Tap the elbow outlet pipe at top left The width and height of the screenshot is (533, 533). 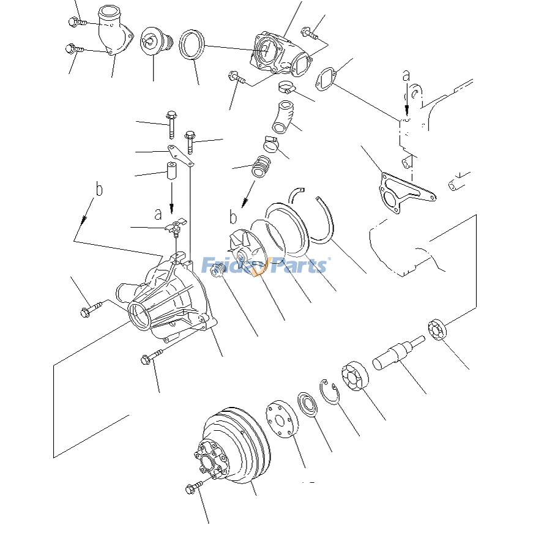point(115,32)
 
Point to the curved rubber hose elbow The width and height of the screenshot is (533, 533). point(284,116)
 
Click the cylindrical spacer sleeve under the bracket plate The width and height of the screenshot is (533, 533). point(171,170)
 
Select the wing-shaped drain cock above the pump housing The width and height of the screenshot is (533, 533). point(176,226)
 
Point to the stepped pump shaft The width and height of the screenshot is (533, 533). point(397,354)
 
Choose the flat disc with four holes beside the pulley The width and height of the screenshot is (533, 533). point(281,419)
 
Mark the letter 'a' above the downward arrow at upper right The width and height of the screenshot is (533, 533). point(406,76)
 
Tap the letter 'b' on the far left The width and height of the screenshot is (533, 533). point(99,189)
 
